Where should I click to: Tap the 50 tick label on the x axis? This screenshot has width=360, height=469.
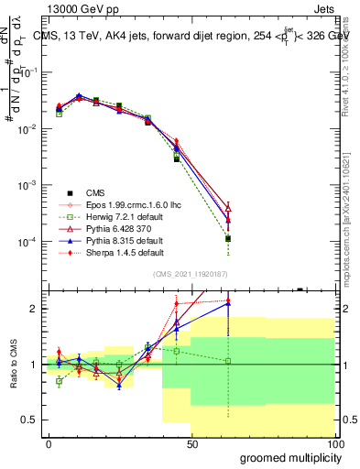[x=191, y=443]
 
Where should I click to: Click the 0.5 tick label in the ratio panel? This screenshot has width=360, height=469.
[x=28, y=420]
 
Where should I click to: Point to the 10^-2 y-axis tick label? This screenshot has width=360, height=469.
[x=27, y=129]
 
